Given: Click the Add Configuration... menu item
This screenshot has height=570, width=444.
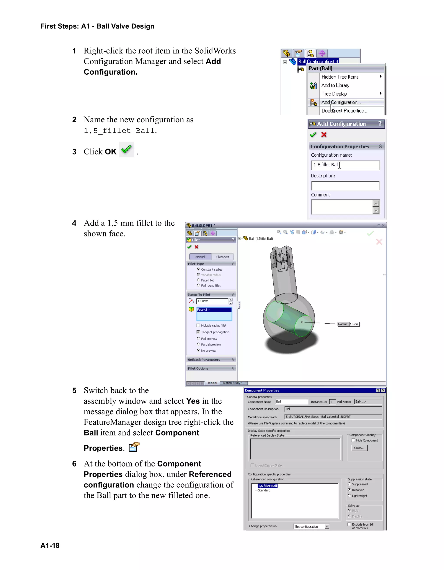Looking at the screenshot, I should click(341, 102).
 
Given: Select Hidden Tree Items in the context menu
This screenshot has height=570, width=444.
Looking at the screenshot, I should click(340, 77).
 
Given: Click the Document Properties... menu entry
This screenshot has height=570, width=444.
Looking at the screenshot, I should click(344, 111).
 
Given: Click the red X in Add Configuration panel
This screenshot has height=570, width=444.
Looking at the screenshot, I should click(324, 135).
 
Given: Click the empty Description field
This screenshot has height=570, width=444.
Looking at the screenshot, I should click(345, 186).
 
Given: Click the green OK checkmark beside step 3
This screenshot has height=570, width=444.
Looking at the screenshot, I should click(127, 150).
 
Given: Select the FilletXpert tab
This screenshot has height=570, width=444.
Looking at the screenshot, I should click(222, 257).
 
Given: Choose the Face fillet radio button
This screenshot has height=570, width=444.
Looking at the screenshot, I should click(199, 280).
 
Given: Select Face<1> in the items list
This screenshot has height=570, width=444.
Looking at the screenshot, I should click(214, 310).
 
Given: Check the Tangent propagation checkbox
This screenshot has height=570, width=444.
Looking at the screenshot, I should click(198, 332).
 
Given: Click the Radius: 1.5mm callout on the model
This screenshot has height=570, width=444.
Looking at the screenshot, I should click(349, 324).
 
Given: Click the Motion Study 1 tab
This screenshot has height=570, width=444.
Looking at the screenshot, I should click(233, 383).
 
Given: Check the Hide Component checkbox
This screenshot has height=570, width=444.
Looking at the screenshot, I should click(353, 440).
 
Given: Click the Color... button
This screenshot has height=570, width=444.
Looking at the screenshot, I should click(359, 448).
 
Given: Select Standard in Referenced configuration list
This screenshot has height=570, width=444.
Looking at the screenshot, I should click(264, 490).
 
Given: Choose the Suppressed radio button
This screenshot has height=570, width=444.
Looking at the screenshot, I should click(349, 484).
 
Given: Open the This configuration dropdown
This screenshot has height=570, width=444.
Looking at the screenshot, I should click(327, 527).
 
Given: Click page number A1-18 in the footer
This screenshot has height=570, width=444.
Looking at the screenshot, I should click(50, 545).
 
